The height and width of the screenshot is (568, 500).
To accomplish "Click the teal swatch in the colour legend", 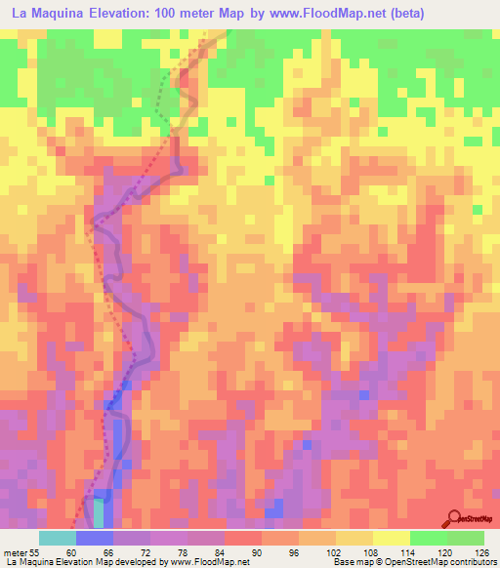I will click(57, 539).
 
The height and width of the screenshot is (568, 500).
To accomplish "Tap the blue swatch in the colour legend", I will click(94, 539).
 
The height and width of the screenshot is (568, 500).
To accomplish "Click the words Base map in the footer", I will click(353, 561).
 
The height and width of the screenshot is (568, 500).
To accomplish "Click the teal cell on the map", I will click(99, 511).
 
